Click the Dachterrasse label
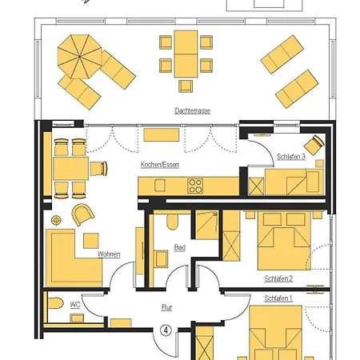(x=192, y=110)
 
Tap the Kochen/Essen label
(x=160, y=165)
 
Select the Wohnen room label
(x=109, y=254)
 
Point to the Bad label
(x=180, y=247)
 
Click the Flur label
(x=166, y=307)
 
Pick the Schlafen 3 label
(x=291, y=157)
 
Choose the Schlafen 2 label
(x=278, y=278)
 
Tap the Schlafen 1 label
(x=278, y=298)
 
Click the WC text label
(x=75, y=305)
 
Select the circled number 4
(x=166, y=330)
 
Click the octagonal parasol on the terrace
(x=79, y=57)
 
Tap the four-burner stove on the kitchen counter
(x=195, y=186)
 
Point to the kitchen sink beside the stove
(x=160, y=185)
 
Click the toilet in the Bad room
(x=173, y=222)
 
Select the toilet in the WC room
(x=56, y=303)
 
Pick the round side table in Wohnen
(x=56, y=220)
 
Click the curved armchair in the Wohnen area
(x=83, y=214)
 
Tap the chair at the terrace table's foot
(x=186, y=86)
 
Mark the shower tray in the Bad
(x=207, y=225)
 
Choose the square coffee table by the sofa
(x=91, y=241)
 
